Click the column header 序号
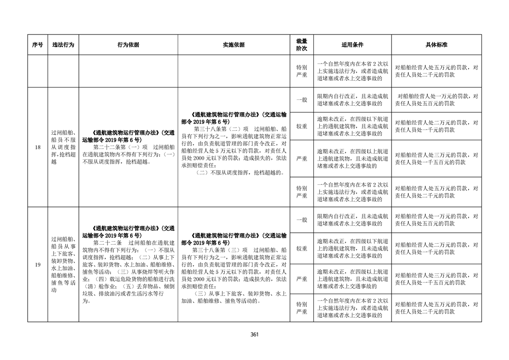38,45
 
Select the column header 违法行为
63,45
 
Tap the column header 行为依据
128,45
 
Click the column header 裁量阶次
302,45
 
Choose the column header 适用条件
352,45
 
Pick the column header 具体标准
436,45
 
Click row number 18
38,148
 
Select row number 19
38,265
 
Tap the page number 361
254,335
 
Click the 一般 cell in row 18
302,100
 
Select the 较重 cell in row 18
302,126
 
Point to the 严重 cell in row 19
302,278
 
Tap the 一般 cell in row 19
302,220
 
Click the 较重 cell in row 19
302,248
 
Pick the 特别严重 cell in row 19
302,308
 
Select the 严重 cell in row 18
302,158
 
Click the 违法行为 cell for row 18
63,148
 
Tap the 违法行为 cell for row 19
63,265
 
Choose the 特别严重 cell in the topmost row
302,71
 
